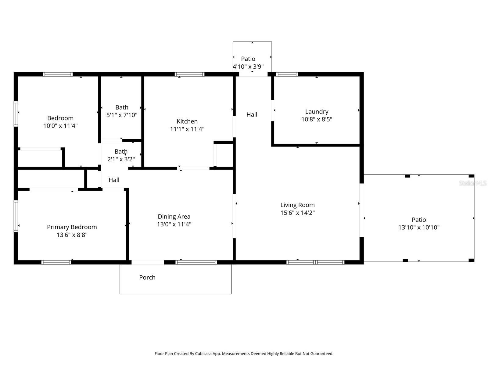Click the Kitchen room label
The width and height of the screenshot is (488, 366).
187,121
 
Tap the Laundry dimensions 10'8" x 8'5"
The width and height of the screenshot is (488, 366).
317,119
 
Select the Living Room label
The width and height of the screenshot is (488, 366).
297,205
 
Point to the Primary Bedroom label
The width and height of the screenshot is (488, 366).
72,227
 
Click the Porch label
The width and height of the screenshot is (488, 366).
147,277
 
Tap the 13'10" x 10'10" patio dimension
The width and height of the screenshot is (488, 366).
418,227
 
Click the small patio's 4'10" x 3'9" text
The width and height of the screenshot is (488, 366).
248,66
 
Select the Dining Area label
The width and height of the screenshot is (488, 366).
174,217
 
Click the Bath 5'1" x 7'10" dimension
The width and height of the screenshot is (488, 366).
122,115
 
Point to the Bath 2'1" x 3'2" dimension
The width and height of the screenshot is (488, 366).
121,159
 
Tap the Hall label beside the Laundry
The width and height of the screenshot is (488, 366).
252,114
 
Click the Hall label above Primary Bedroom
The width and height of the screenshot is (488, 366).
114,180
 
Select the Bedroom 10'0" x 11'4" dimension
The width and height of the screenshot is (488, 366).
60,126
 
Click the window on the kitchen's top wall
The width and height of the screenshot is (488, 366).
189,74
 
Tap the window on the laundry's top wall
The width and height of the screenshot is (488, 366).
287,74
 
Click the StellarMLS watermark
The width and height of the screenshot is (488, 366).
473,183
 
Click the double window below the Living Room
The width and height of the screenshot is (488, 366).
315,262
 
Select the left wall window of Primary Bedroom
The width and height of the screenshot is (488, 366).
16,216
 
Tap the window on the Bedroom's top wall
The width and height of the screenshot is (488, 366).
58,74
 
